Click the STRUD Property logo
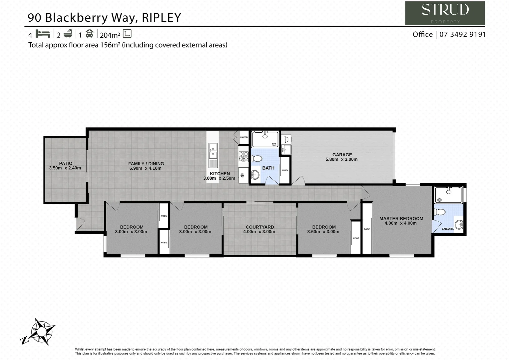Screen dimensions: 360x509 445,13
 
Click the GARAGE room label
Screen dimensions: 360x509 342,155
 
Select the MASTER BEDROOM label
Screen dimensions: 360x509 401,219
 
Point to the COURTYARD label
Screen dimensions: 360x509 260,227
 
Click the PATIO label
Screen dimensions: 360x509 66,163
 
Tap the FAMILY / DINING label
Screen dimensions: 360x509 146,164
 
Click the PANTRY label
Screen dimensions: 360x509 244,137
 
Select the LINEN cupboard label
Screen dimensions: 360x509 285,170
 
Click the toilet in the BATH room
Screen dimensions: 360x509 256,159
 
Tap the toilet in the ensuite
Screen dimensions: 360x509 440,212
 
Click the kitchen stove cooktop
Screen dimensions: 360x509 244,157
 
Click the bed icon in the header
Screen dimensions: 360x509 43,34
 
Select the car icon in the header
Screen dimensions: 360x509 89,34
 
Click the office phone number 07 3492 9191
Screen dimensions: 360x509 463,34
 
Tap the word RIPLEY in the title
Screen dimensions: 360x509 162,17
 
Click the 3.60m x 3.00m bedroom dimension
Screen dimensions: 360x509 323,232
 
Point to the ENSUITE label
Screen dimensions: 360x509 448,229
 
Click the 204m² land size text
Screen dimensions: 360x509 110,35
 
